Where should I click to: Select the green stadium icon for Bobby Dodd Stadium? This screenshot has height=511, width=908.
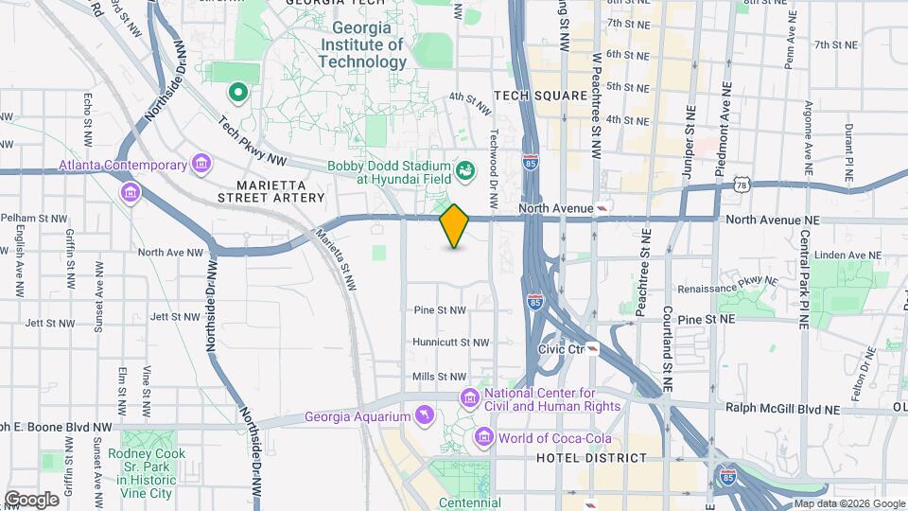pos(464,170)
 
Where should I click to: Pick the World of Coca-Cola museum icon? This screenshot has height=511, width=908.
pos(484,437)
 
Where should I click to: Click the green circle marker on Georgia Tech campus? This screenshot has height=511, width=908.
pos(238,93)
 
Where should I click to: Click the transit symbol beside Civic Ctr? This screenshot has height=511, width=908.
pos(591,348)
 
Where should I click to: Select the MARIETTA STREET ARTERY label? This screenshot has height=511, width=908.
pos(271,190)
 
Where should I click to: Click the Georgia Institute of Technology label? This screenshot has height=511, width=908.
pos(368,45)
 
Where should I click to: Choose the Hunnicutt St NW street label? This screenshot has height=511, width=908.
pos(451,343)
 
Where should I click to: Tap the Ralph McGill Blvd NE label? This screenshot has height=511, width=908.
pos(782,409)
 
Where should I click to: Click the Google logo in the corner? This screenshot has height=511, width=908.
pos(31,499)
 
